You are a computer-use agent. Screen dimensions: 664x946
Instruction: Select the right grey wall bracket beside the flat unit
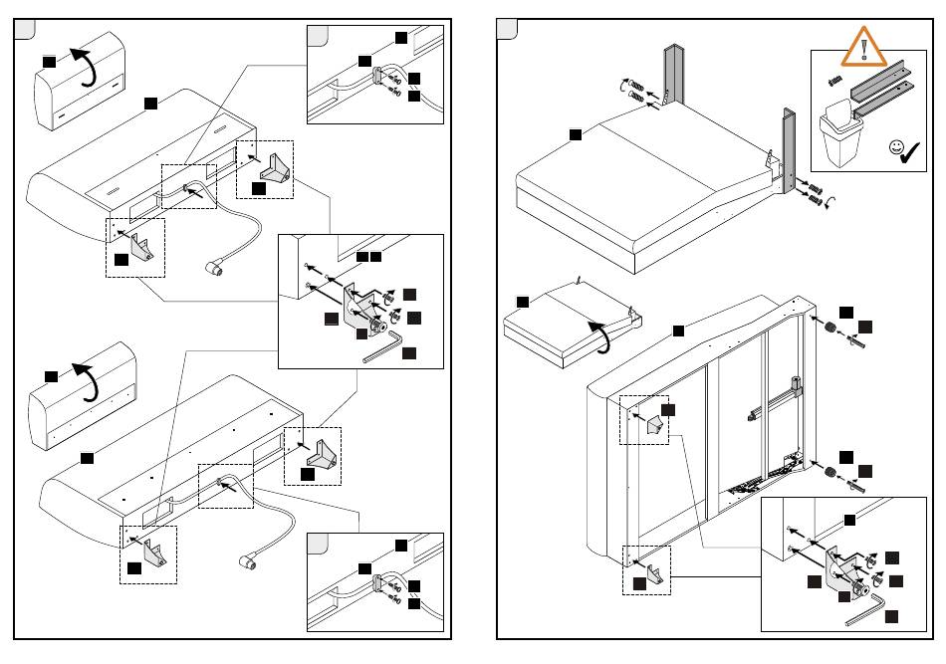[788, 144]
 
